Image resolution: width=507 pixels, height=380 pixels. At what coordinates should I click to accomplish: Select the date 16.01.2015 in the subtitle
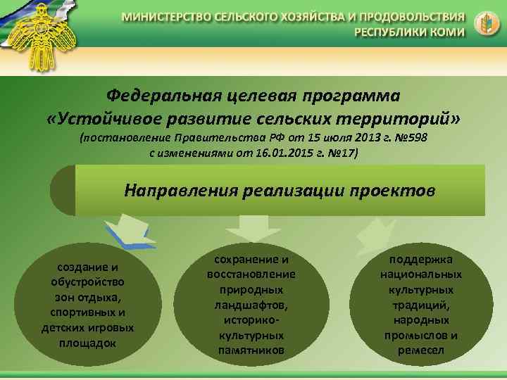[280, 153]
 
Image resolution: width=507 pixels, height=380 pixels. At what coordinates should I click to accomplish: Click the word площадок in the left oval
[88, 343]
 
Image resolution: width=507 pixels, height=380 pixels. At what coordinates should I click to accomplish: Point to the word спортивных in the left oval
[88, 312]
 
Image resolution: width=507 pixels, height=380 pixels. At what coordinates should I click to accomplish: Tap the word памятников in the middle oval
[251, 350]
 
